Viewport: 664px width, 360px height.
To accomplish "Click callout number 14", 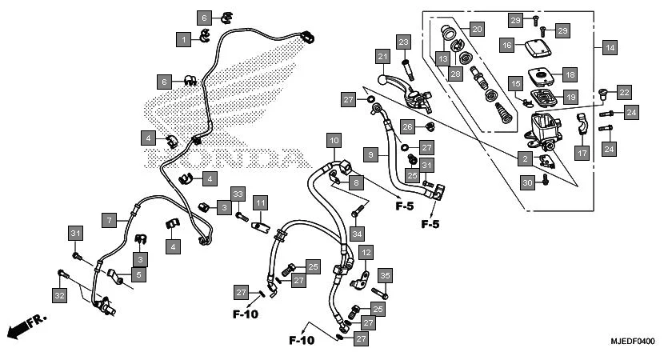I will pos(610,48).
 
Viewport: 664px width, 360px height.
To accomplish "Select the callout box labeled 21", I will pos(383,57).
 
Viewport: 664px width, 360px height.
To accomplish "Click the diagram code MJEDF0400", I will pos(629,342).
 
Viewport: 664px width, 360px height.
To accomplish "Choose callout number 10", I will pos(334,141).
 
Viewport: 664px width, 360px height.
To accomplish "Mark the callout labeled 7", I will pos(110,218).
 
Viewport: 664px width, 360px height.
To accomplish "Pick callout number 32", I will pos(60,296).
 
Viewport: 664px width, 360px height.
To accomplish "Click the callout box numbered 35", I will pos(384,277).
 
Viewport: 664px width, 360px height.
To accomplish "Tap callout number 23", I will pos(403,42).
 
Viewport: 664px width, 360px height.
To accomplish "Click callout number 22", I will pos(624,92).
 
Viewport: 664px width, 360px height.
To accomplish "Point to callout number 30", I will pos(526,183).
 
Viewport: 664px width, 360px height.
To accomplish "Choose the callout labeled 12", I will pos(366,253).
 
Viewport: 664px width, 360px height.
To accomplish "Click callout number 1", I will pos(185,38).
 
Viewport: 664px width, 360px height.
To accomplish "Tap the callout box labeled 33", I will pos(238,194).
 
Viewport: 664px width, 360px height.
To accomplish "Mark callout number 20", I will pos(477,29).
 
